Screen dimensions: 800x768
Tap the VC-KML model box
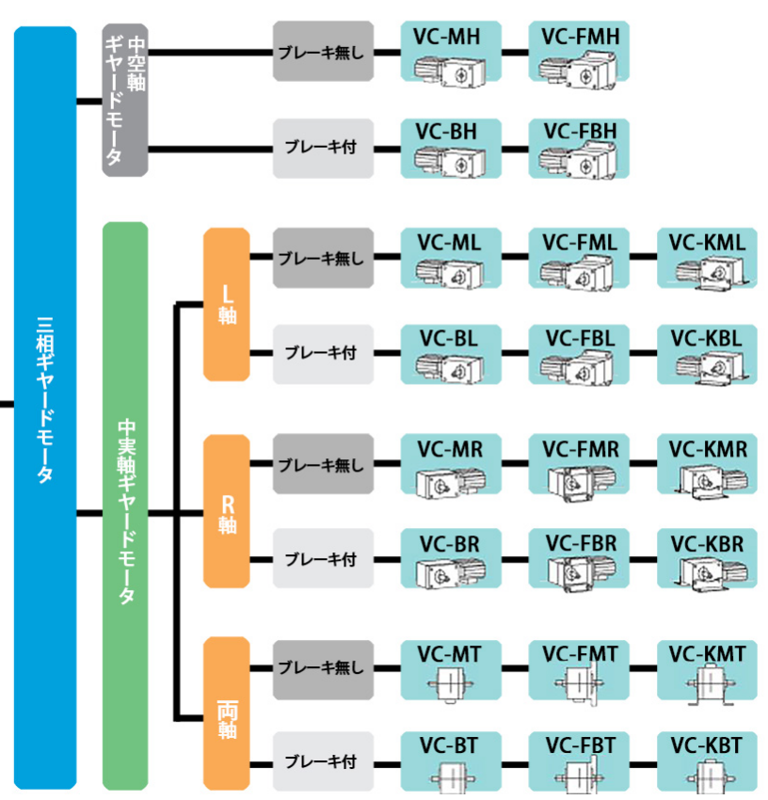707,258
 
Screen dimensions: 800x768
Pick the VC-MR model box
451,465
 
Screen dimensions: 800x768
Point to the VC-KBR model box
707,560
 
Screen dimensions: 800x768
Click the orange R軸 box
227,511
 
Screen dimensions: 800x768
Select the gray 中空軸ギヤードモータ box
125,100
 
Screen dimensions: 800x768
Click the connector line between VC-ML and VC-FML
514,257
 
